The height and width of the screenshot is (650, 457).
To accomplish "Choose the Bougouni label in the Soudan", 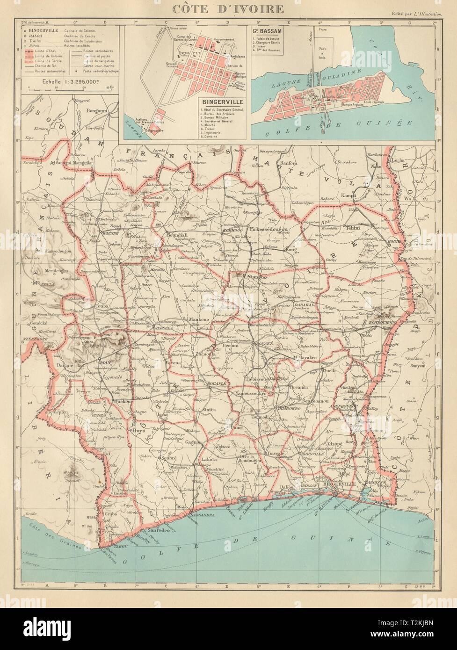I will [97, 110].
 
